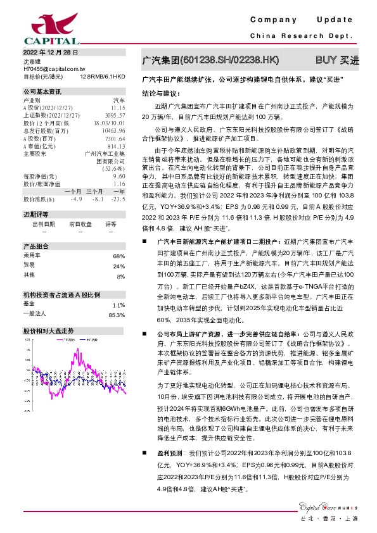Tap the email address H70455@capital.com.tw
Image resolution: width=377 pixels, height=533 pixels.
pos(54,68)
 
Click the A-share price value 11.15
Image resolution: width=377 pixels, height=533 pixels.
pos(117,108)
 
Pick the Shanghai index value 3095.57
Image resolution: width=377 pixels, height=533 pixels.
pos(114,115)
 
